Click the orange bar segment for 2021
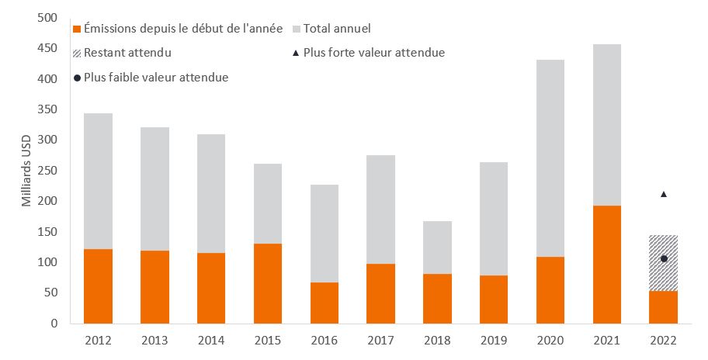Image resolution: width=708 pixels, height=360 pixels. coord(606,264)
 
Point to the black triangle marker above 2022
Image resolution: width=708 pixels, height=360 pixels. coord(663,194)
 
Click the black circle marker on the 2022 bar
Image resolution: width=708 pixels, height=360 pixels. coord(663,258)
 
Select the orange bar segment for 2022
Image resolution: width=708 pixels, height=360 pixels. coord(663,307)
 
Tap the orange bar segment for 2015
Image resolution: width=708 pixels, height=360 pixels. coord(267,283)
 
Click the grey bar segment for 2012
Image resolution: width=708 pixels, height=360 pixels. coord(98,181)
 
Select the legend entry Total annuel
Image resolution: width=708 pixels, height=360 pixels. coord(337,29)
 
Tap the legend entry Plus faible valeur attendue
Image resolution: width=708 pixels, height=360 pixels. coord(155,78)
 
